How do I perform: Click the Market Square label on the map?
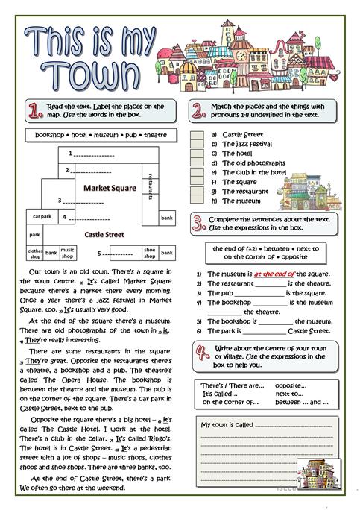click(111, 188)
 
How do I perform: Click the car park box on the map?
click(42, 216)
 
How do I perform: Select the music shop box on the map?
click(68, 252)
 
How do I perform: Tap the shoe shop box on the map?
click(149, 252)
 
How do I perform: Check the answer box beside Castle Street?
click(196, 135)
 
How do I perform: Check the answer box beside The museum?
click(196, 201)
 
